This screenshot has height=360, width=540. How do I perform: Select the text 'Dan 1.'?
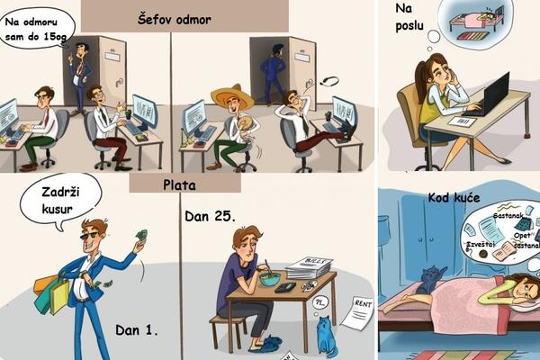pos(137,330)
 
